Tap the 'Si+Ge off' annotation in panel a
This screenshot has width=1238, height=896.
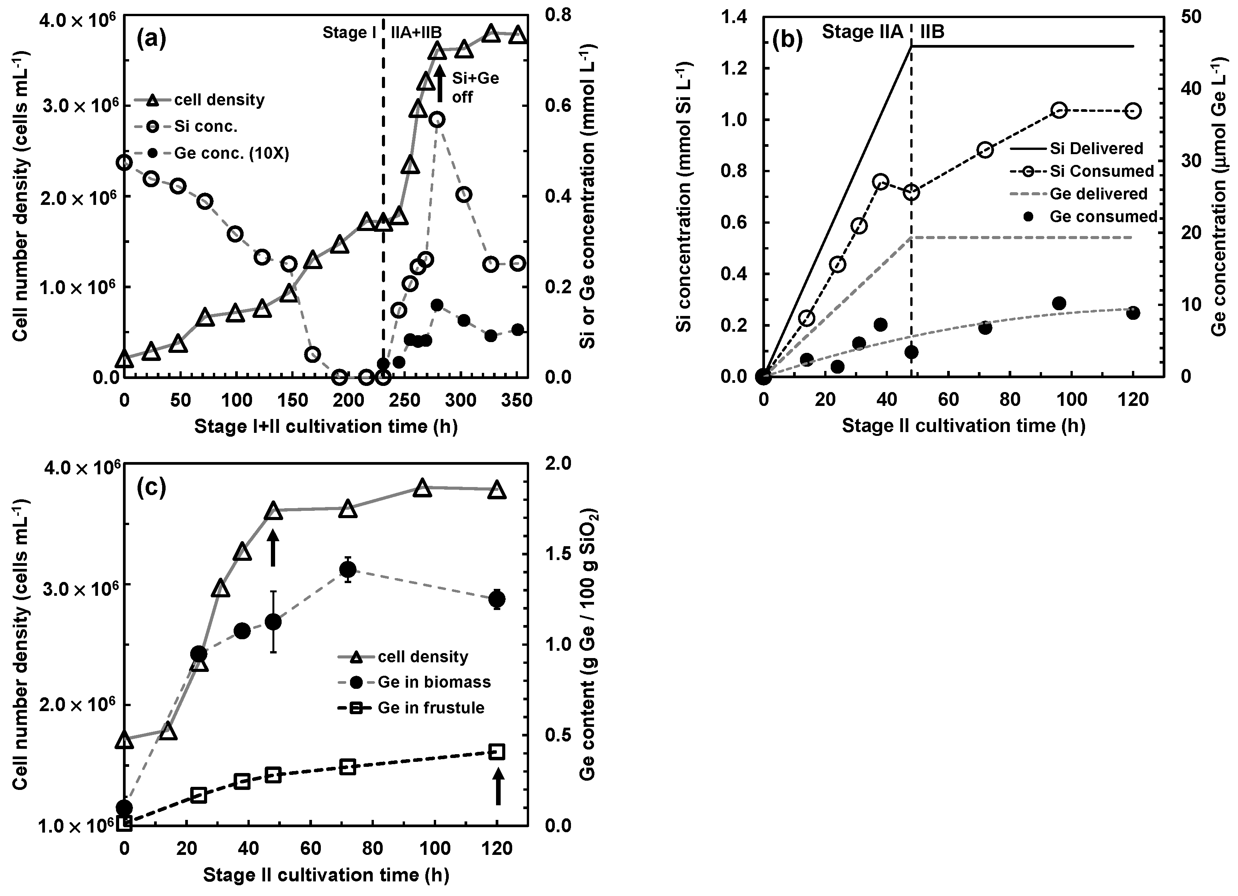(475, 87)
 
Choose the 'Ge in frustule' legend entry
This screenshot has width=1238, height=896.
(431, 708)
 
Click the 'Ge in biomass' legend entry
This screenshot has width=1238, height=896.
(434, 682)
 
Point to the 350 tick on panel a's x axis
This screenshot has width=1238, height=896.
(516, 402)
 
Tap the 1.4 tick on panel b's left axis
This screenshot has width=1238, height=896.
(734, 17)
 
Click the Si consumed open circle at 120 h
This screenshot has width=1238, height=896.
(1133, 111)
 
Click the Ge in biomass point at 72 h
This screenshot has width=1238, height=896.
(348, 570)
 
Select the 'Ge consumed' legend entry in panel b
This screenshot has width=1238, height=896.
(1103, 217)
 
